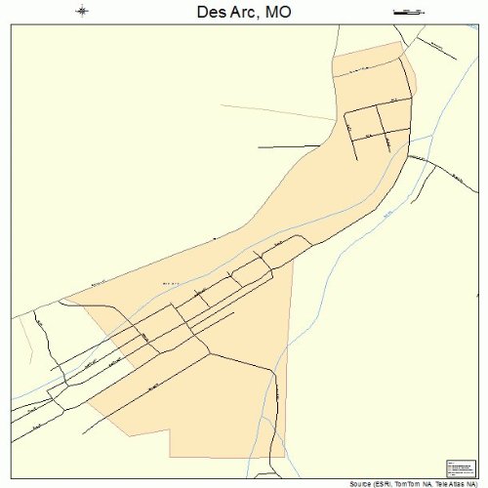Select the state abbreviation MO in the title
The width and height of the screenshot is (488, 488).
[277, 13]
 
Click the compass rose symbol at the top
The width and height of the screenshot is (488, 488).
[82, 12]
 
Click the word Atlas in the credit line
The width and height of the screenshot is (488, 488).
[464, 483]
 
